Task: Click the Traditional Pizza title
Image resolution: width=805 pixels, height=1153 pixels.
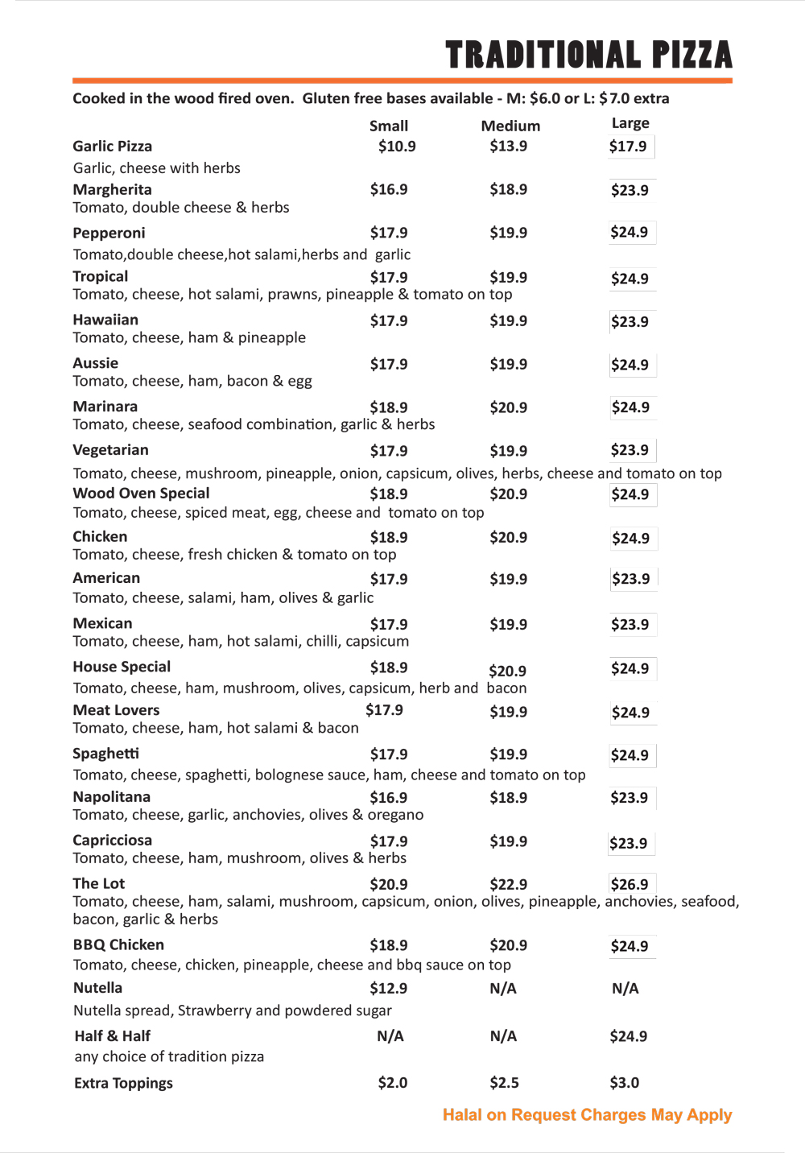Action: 588,55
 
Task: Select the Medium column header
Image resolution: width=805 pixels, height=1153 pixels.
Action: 510,126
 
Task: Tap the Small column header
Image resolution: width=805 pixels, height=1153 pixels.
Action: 389,126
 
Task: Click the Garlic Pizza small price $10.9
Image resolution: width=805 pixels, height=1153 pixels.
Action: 397,147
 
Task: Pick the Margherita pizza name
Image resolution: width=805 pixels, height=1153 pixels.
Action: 112,189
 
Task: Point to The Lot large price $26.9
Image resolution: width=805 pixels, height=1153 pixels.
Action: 629,884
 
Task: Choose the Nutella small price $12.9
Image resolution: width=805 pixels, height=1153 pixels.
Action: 389,988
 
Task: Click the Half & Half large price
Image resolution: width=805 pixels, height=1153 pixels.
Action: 628,1036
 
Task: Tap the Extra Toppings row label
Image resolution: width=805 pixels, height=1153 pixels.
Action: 123,1083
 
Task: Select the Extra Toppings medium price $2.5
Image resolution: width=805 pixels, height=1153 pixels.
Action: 505,1083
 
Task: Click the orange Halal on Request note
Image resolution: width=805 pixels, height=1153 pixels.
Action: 587,1115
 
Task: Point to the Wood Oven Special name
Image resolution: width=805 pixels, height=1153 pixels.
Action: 141,494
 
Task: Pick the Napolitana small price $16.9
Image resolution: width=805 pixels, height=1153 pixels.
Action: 389,798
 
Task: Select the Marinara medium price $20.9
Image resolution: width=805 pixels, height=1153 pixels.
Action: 509,407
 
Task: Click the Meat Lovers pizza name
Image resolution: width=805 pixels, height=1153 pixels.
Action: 116,710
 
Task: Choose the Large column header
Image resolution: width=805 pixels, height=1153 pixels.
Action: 630,123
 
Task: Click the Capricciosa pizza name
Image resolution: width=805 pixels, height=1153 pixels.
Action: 112,841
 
